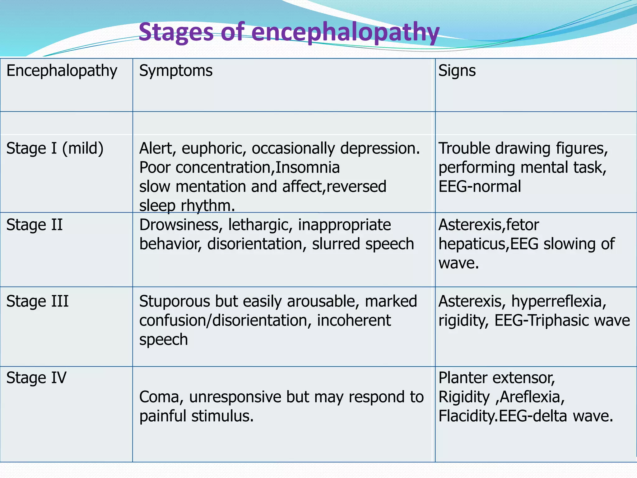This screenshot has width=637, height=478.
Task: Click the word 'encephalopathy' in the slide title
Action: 345,33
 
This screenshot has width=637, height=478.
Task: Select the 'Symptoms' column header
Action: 176,71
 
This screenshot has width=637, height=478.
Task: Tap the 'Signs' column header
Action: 457,71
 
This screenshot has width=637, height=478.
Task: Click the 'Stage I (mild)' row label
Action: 55,148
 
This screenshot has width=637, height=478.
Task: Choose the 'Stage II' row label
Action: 35,225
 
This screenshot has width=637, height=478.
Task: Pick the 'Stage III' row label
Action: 37,302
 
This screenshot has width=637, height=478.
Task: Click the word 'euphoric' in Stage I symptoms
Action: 214,148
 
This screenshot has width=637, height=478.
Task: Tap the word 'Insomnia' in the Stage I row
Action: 308,168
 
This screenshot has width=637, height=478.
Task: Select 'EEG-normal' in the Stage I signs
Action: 480,187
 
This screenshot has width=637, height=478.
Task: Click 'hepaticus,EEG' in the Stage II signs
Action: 488,244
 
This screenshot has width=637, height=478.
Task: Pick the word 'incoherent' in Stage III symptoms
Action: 354,321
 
